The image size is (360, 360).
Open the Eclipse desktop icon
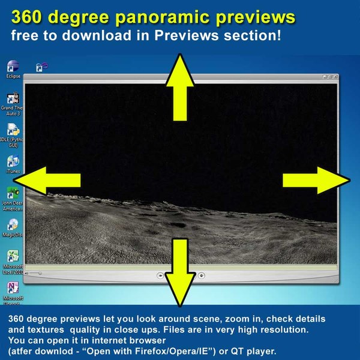[13, 66]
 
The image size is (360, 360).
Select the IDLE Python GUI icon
[13, 130]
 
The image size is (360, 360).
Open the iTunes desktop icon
[13, 161]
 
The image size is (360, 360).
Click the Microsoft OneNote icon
[13, 288]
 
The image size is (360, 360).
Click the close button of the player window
[335, 77]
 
